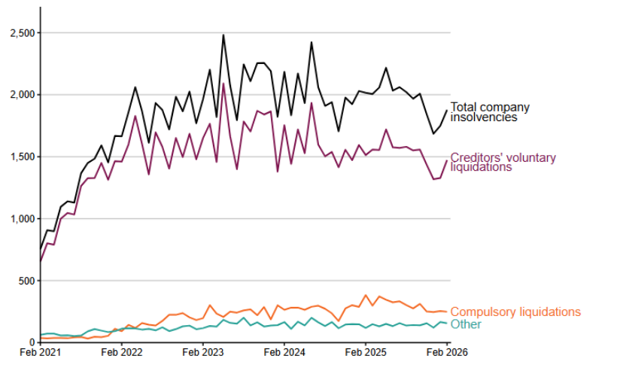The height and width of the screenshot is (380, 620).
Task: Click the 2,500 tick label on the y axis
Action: tap(21, 33)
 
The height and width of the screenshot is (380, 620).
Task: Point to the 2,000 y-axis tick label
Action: tap(21, 95)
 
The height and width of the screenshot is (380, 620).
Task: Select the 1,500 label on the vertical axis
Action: tap(21, 157)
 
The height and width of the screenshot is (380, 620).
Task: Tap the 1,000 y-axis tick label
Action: tap(21, 219)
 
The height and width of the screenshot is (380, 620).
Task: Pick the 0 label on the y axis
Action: tap(32, 342)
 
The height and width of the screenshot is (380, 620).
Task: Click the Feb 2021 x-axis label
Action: tap(41, 351)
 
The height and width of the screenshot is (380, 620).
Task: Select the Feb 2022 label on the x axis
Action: tap(121, 351)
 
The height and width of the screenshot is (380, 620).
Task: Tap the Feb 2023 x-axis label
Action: tap(202, 351)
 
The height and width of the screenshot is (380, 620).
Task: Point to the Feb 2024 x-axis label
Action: tap(284, 351)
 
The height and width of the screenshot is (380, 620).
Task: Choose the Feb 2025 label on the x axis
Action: tap(365, 351)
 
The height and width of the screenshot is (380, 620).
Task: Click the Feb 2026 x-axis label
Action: tap(446, 351)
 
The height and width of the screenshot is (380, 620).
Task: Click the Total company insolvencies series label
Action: tap(489, 112)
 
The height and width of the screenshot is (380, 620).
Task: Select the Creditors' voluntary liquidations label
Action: tap(503, 162)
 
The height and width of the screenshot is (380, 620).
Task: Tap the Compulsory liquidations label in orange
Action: tap(515, 312)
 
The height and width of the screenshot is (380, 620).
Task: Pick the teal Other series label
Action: tap(466, 324)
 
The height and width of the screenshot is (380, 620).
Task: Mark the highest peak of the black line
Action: tap(223, 35)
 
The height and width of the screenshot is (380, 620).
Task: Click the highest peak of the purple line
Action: tap(223, 84)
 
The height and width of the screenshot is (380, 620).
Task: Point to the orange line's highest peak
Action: tap(366, 295)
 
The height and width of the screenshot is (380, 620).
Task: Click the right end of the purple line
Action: tap(447, 160)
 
